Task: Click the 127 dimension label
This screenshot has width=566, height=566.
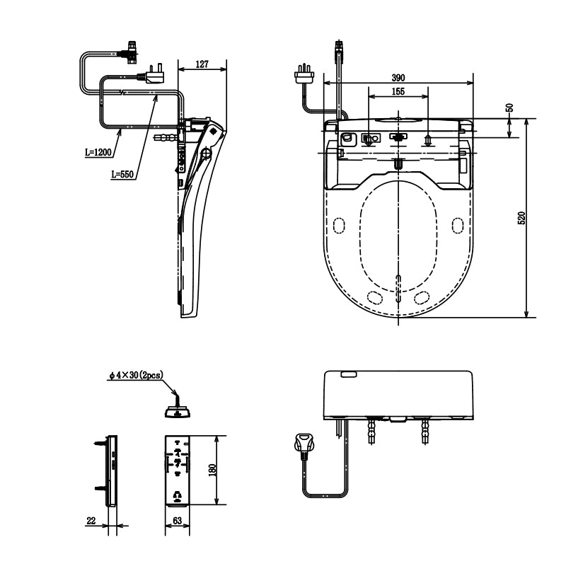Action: point(202,64)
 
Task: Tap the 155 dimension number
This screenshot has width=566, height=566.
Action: point(398,92)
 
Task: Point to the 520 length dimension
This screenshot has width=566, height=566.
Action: point(521,219)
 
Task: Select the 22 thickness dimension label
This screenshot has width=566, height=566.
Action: point(91,521)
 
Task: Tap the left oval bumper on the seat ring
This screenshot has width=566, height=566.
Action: point(340,226)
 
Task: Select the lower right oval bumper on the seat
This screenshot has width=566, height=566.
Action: point(424,296)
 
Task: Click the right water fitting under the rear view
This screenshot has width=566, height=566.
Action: point(424,429)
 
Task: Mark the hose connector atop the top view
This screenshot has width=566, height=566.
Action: point(340,50)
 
